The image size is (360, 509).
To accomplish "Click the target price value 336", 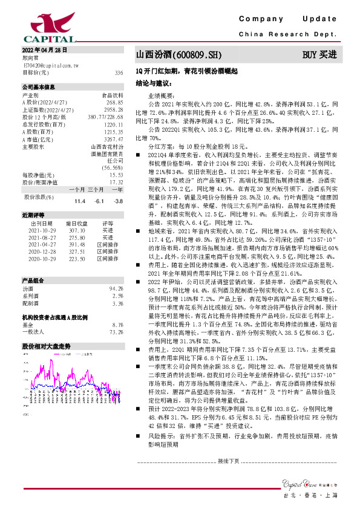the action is pyautogui.click(x=119, y=72).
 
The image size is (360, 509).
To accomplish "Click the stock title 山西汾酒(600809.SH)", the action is pyautogui.click(x=174, y=55).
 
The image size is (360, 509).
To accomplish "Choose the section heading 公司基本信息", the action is pyautogui.click(x=38, y=88).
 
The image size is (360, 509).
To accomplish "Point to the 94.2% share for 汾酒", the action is pyautogui.click(x=117, y=289).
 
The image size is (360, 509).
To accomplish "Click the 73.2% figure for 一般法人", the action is pyautogui.click(x=117, y=332).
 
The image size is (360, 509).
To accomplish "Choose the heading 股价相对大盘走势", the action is pyautogui.click(x=47, y=346).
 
